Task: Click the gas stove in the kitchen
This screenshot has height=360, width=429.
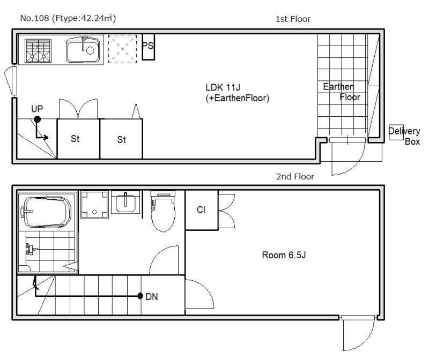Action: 38,50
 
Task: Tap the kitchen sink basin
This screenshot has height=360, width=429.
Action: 83,50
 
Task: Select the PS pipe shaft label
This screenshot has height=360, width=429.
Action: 148,46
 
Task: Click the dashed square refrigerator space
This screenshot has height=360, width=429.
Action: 122,49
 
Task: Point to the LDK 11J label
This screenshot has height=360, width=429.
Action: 223,87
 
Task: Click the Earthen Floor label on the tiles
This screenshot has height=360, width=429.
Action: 342,92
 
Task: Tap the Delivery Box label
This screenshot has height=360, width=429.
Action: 404,136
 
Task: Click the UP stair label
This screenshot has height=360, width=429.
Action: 37,109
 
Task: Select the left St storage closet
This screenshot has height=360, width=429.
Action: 78,139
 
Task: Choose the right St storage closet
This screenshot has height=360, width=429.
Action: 122,139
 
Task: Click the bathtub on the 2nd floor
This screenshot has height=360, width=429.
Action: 47,212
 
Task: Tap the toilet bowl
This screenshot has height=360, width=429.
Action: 163,211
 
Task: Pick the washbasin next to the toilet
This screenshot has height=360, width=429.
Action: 125,202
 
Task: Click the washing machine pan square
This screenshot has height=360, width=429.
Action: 94,205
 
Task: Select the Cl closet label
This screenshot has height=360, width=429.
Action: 201,209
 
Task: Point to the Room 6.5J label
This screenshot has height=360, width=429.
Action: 284,255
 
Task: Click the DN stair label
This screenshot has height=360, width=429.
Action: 152,297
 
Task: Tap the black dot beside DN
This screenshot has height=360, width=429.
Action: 140,296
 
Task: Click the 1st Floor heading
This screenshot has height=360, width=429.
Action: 293,19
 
